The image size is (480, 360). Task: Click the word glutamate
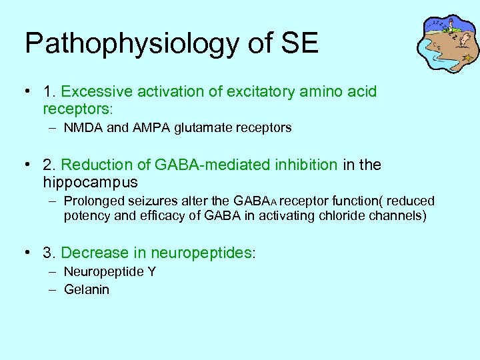click(199, 127)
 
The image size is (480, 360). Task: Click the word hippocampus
click(90, 182)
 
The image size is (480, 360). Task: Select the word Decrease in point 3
click(93, 253)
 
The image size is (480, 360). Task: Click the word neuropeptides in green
click(201, 253)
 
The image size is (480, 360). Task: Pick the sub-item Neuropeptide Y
click(109, 271)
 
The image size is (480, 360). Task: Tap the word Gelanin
click(87, 289)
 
